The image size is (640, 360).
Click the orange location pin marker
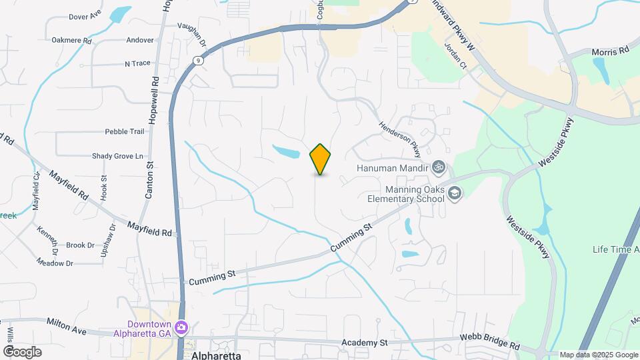pos(321,159)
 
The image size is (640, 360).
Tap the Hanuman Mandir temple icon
pos(439,167)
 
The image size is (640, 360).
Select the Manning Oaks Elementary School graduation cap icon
pos(455,193)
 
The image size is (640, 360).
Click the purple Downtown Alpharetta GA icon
pos(182,328)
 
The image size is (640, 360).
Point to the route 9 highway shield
pos(199,61)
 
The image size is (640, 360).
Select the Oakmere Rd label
pos(71,40)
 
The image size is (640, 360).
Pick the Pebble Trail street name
pos(124,132)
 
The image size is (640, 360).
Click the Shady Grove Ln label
pos(117,156)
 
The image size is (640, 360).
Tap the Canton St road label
pos(149,179)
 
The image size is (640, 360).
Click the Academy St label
pos(364,343)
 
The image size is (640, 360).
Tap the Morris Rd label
pos(610,51)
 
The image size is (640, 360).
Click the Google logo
pos(22,351)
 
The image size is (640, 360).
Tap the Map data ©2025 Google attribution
pos(597,355)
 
